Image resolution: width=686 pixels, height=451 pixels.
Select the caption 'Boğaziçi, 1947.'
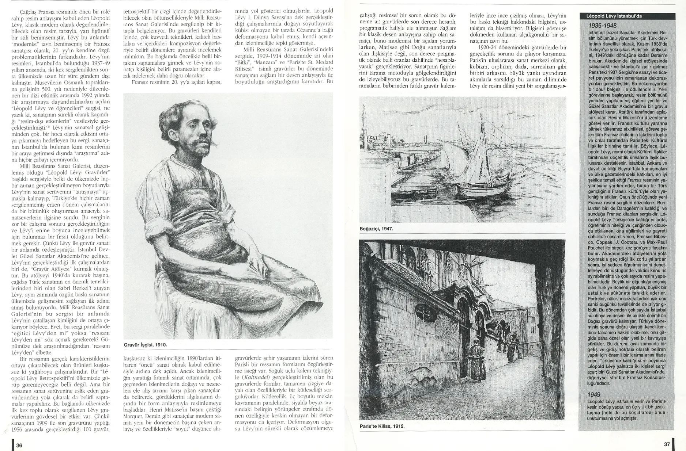pos(376,229)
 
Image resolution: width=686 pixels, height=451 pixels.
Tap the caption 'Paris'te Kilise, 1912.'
pos(382,426)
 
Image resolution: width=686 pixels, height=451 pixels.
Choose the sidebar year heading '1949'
pos(595,395)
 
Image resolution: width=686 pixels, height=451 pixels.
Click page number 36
pos(19,445)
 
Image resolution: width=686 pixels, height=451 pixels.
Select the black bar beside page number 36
pos(13,445)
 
